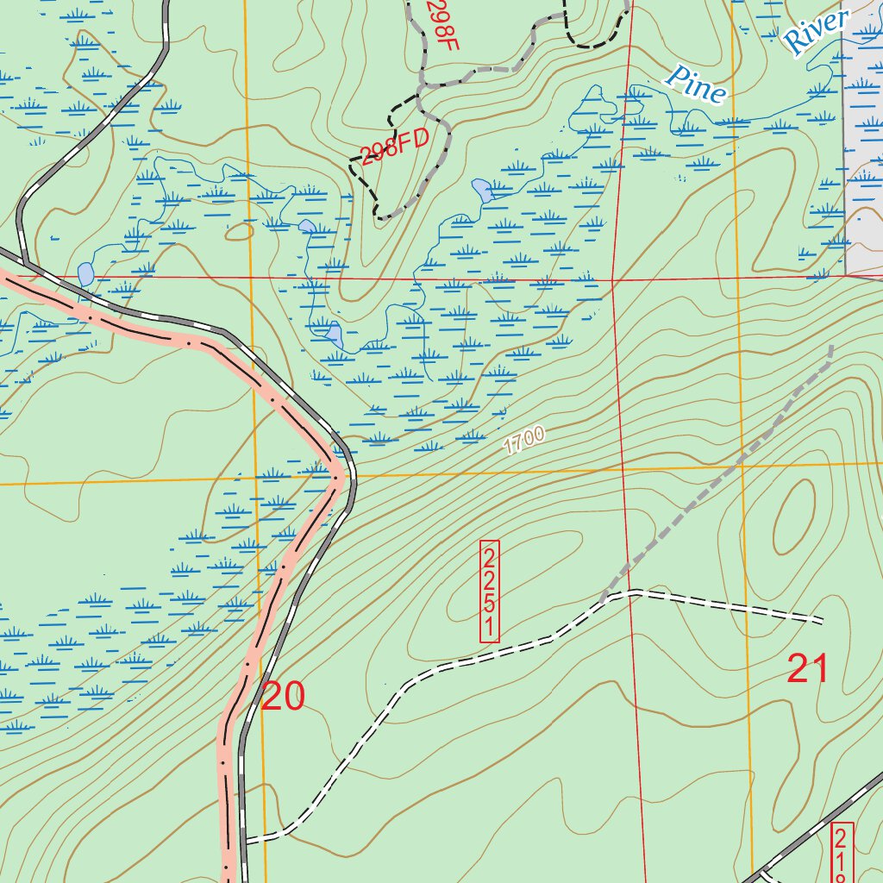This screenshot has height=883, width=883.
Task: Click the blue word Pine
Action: (x=695, y=85)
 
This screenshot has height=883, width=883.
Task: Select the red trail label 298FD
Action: (x=394, y=148)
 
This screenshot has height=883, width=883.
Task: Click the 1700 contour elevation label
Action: (x=523, y=441)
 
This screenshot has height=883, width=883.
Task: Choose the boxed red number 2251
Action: (x=489, y=592)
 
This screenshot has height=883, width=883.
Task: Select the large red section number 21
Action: (x=807, y=669)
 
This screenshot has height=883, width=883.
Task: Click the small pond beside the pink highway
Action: (x=85, y=274)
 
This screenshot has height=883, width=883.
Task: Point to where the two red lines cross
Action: (x=613, y=280)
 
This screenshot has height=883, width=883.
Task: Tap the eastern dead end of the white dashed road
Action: (x=821, y=620)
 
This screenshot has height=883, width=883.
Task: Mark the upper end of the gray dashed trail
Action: (x=832, y=348)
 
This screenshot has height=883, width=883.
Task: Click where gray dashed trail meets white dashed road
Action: (x=602, y=597)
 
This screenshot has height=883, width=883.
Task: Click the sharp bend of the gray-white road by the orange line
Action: (x=347, y=473)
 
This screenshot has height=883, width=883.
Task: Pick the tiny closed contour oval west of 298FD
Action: (x=236, y=231)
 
